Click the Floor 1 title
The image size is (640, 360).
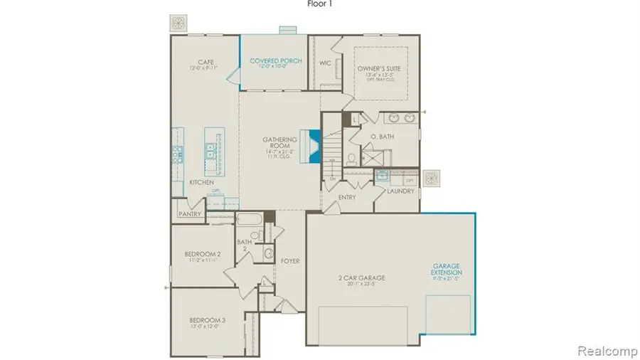[320, 4]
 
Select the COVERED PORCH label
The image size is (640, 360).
[276, 61]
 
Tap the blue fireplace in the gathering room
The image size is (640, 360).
[311, 146]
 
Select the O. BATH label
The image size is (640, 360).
[383, 136]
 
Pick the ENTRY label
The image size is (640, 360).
[347, 196]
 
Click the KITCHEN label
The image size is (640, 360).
[201, 183]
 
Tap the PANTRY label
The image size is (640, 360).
[190, 213]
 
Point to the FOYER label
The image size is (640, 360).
[289, 261]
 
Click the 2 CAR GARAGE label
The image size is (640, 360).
[362, 277]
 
